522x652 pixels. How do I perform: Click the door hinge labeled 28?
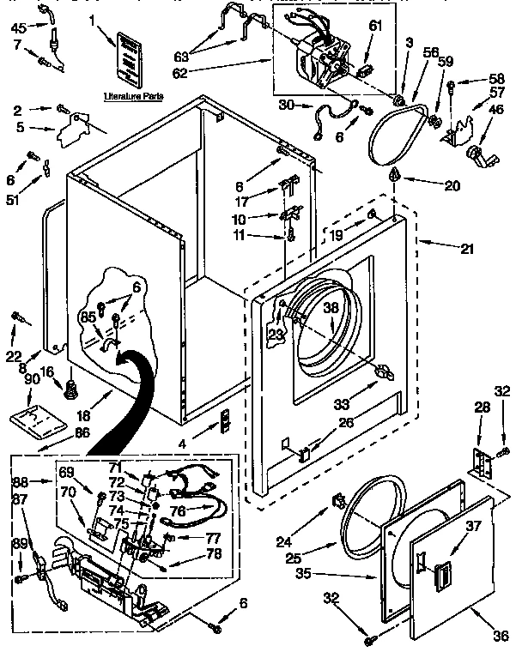(483, 464)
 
